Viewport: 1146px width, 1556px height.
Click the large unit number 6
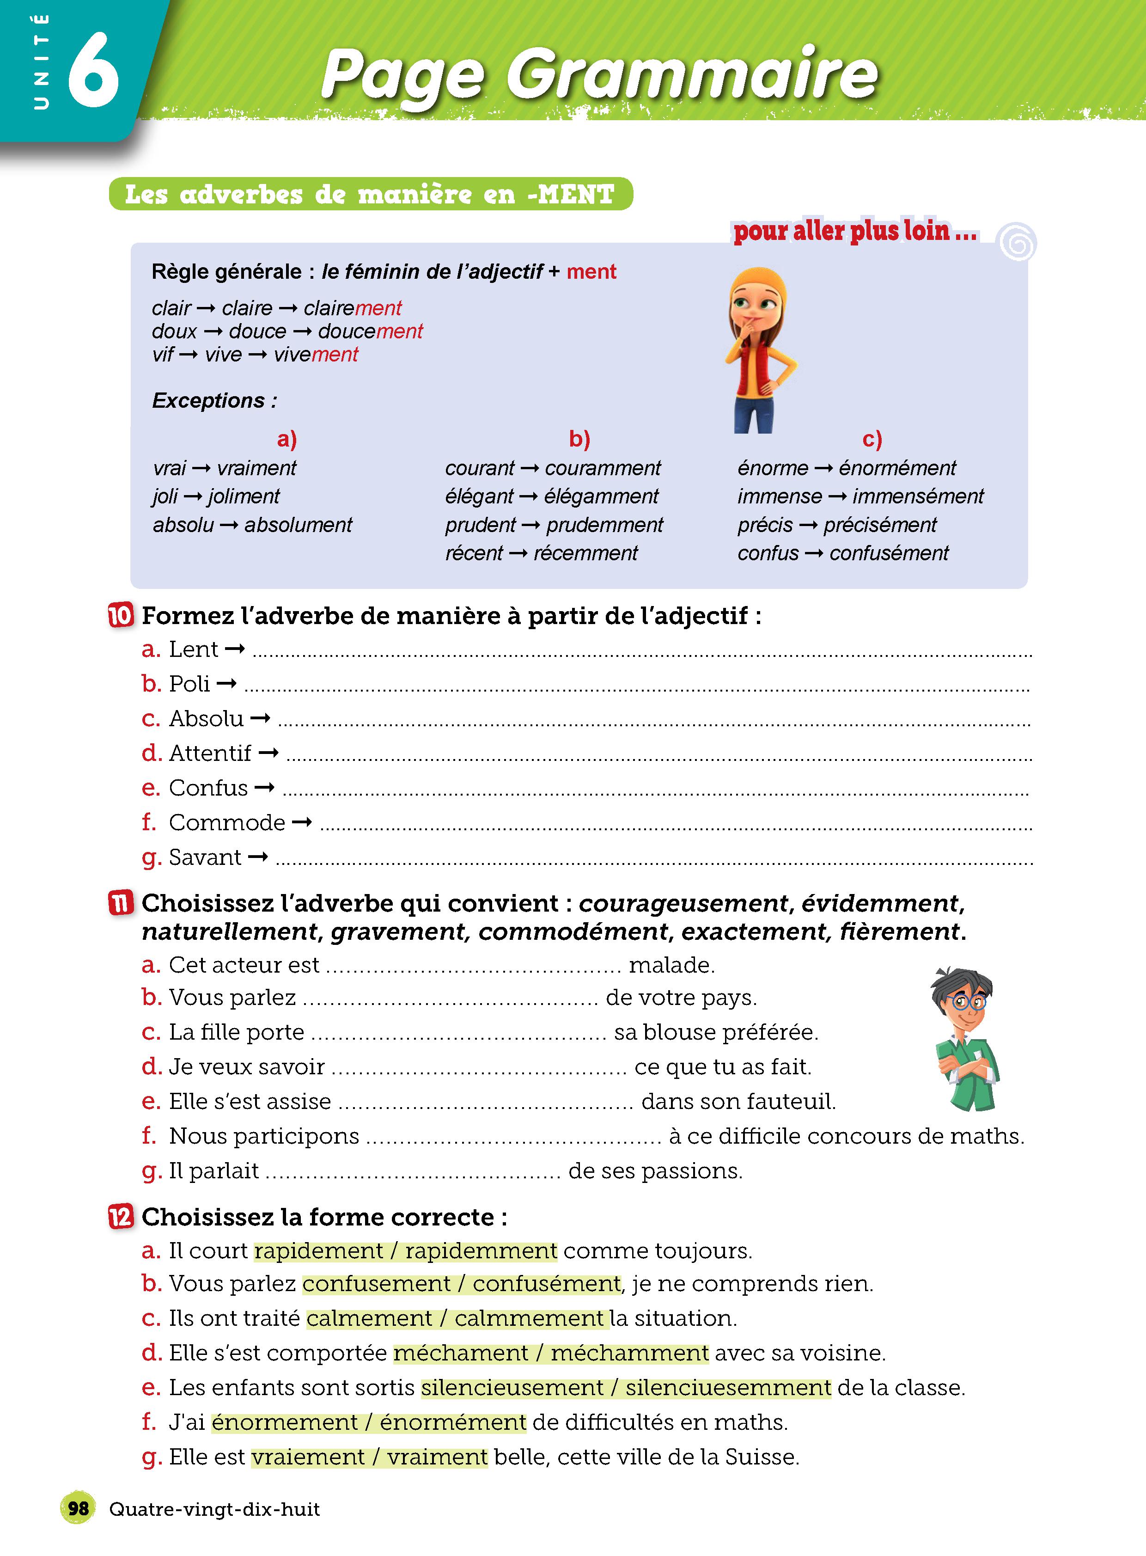coord(94,70)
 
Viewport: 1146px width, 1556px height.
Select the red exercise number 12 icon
coord(121,1217)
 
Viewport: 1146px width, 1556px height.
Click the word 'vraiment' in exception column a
coord(256,468)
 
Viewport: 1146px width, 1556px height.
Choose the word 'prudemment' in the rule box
coord(604,526)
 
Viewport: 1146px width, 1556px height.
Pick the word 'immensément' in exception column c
coord(918,497)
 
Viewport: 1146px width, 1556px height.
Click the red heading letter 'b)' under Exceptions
coord(579,439)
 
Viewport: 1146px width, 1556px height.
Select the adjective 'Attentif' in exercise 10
coord(210,753)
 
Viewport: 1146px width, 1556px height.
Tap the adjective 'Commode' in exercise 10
coord(227,822)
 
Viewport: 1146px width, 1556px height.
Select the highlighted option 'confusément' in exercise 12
coord(546,1284)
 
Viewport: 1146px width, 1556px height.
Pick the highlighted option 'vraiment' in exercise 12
coord(437,1457)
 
